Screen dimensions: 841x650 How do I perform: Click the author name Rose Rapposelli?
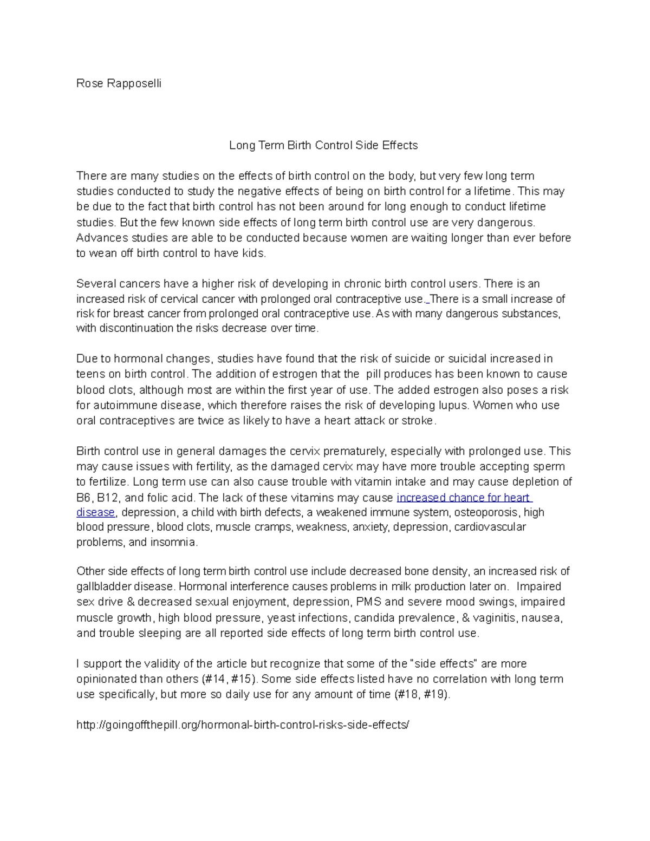[x=119, y=83]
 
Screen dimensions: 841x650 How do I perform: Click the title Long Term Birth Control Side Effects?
[x=323, y=145]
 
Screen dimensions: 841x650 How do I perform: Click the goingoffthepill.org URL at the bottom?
[x=243, y=725]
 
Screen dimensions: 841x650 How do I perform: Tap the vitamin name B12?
[x=110, y=498]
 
